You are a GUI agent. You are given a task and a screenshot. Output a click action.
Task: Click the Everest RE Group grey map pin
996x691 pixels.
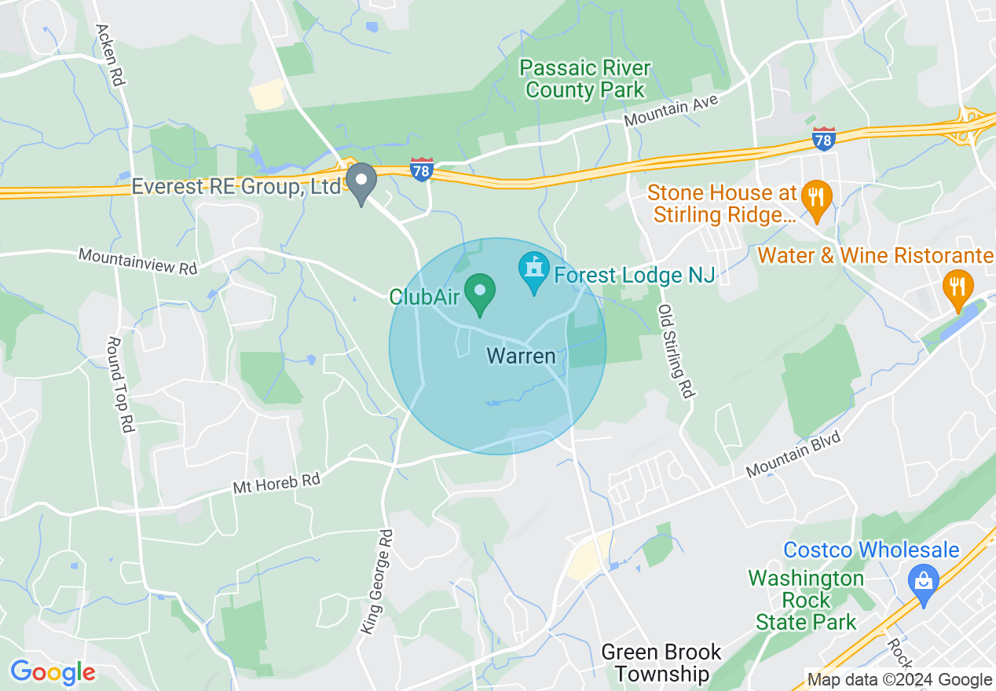pyautogui.click(x=361, y=182)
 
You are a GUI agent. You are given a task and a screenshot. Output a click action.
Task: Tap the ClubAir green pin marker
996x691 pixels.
pyautogui.click(x=479, y=292)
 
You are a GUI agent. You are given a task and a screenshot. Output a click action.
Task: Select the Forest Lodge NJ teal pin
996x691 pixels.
pyautogui.click(x=534, y=272)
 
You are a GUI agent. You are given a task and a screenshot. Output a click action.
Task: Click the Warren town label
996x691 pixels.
pyautogui.click(x=521, y=356)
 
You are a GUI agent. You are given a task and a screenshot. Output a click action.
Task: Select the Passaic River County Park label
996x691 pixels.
pyautogui.click(x=585, y=79)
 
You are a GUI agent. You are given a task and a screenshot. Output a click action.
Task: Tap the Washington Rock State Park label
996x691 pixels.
pyautogui.click(x=806, y=601)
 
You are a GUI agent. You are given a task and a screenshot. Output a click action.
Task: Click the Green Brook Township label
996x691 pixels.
pyautogui.click(x=661, y=663)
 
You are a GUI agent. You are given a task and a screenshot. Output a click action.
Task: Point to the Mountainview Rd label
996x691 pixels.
pyautogui.click(x=137, y=261)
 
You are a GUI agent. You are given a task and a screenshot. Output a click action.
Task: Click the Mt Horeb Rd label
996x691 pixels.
pyautogui.click(x=277, y=482)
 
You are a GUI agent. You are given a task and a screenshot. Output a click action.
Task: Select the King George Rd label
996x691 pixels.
pyautogui.click(x=378, y=582)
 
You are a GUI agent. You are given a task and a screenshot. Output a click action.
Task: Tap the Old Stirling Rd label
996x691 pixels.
pyautogui.click(x=676, y=351)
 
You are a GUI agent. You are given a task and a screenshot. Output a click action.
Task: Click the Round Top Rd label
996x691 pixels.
pyautogui.click(x=121, y=385)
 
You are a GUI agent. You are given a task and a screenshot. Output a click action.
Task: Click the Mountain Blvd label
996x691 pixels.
pyautogui.click(x=793, y=454)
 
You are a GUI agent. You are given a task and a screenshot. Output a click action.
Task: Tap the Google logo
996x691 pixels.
pyautogui.click(x=53, y=673)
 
